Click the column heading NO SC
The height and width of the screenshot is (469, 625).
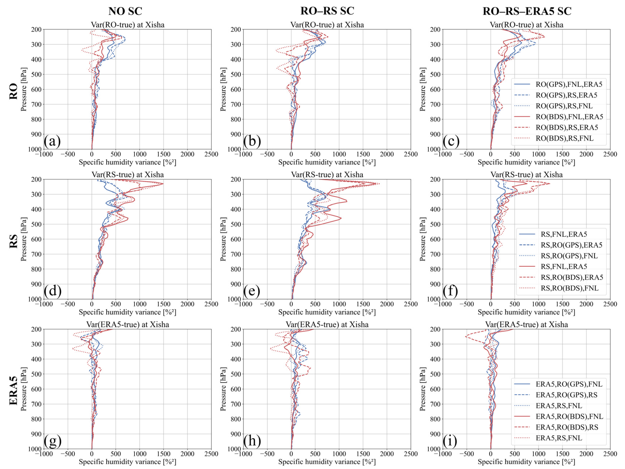tap(125, 11)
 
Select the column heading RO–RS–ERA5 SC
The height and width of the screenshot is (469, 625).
tap(527, 11)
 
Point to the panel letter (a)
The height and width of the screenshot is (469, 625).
tap(52, 141)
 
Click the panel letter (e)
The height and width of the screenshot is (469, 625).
tap(252, 291)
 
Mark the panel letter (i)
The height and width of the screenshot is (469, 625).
tap(450, 441)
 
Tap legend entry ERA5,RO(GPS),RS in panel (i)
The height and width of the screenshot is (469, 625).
tap(566, 395)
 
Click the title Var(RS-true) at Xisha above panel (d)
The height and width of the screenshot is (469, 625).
tap(127, 175)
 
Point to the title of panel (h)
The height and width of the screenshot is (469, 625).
tap(327, 325)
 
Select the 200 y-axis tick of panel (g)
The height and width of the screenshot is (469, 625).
tap(36, 329)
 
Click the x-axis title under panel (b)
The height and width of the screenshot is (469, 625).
tap(327, 162)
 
